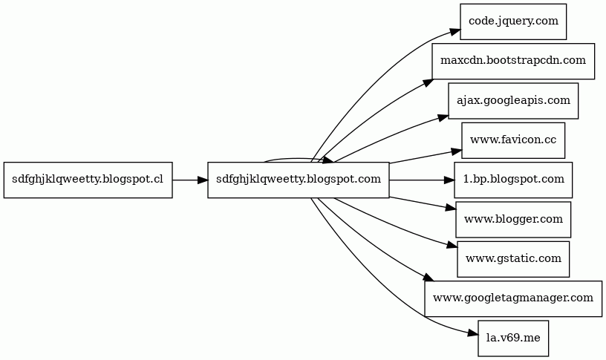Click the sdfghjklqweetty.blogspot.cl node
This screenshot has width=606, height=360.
[x=88, y=180]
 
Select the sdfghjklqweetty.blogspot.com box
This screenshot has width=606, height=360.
[x=299, y=180]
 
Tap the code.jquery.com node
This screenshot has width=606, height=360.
[x=513, y=22]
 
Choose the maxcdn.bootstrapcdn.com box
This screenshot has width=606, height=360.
[x=513, y=62]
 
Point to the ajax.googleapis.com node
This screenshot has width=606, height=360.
[x=513, y=101]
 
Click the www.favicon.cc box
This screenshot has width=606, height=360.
[x=513, y=140]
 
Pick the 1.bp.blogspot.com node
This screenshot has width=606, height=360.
[x=513, y=180]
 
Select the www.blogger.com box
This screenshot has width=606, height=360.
[x=513, y=220]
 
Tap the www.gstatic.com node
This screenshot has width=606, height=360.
[x=513, y=259]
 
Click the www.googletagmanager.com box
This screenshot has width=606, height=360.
[x=513, y=298]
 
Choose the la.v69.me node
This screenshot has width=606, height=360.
[x=513, y=338]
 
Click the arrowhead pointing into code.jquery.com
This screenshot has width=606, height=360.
[x=454, y=33]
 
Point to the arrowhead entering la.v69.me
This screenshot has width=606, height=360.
[x=472, y=334]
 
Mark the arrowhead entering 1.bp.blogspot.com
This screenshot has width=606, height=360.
[x=449, y=180]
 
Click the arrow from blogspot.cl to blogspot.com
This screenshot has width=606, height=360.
[x=190, y=180]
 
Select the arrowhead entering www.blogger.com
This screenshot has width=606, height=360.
[x=451, y=208]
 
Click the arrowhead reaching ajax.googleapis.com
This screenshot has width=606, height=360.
[x=443, y=117]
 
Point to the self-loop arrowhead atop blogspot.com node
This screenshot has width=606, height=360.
[x=328, y=160]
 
